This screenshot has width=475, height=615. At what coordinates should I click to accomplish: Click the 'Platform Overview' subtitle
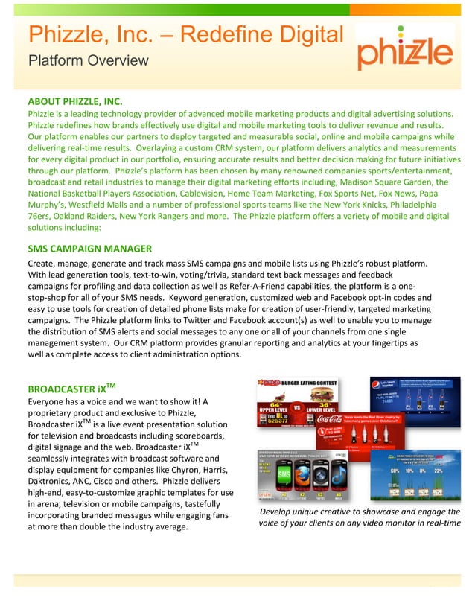88,60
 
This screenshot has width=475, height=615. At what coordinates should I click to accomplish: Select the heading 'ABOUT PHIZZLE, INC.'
75,101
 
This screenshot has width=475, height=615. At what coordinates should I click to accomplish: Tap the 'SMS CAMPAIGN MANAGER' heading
89,248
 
